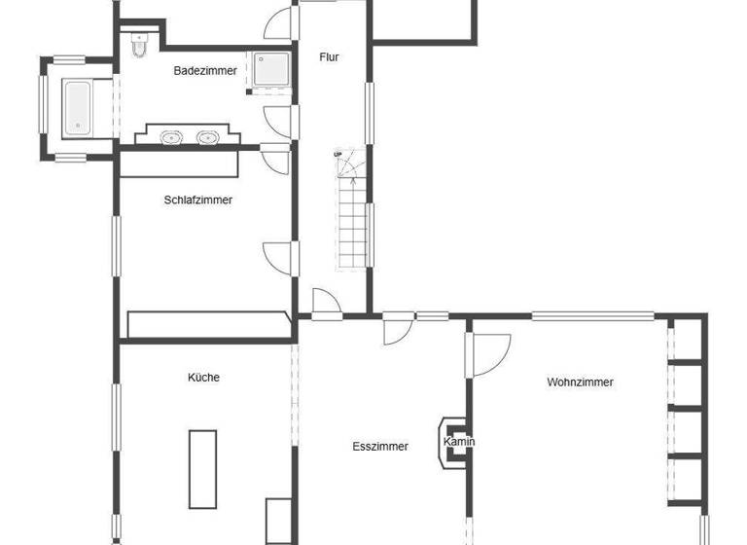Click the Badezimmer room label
tap(205, 70)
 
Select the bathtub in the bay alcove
tap(77, 108)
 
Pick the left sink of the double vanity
tap(173, 137)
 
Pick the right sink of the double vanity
tap(206, 137)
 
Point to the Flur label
tap(330, 56)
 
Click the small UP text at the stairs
tap(338, 154)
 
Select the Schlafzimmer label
tap(198, 200)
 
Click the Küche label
tap(204, 377)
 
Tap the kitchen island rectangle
tap(202, 468)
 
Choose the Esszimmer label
tap(380, 447)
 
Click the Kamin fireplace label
tap(459, 442)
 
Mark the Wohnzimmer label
tap(581, 382)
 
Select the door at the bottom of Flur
tap(326, 304)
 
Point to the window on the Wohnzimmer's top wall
tap(592, 315)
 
